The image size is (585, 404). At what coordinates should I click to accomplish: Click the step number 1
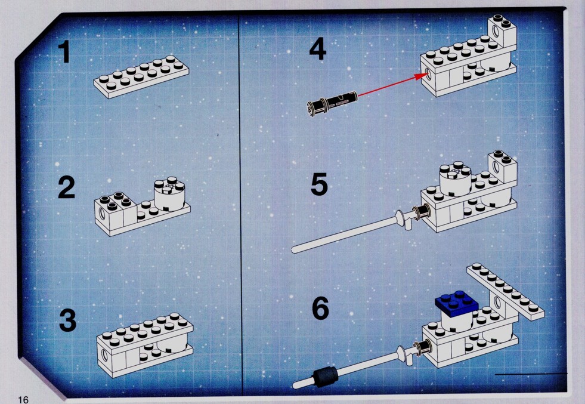click(x=65, y=51)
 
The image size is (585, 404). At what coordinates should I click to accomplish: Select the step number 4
click(x=318, y=49)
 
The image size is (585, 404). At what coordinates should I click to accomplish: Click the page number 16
click(x=23, y=399)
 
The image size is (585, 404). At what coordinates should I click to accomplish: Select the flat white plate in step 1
click(x=141, y=76)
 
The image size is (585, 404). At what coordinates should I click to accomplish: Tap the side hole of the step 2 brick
click(x=102, y=213)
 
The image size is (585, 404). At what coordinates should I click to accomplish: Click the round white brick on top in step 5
click(x=456, y=178)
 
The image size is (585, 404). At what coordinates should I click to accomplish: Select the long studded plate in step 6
click(x=505, y=291)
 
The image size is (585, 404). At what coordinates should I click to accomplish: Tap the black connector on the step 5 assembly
click(x=422, y=213)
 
